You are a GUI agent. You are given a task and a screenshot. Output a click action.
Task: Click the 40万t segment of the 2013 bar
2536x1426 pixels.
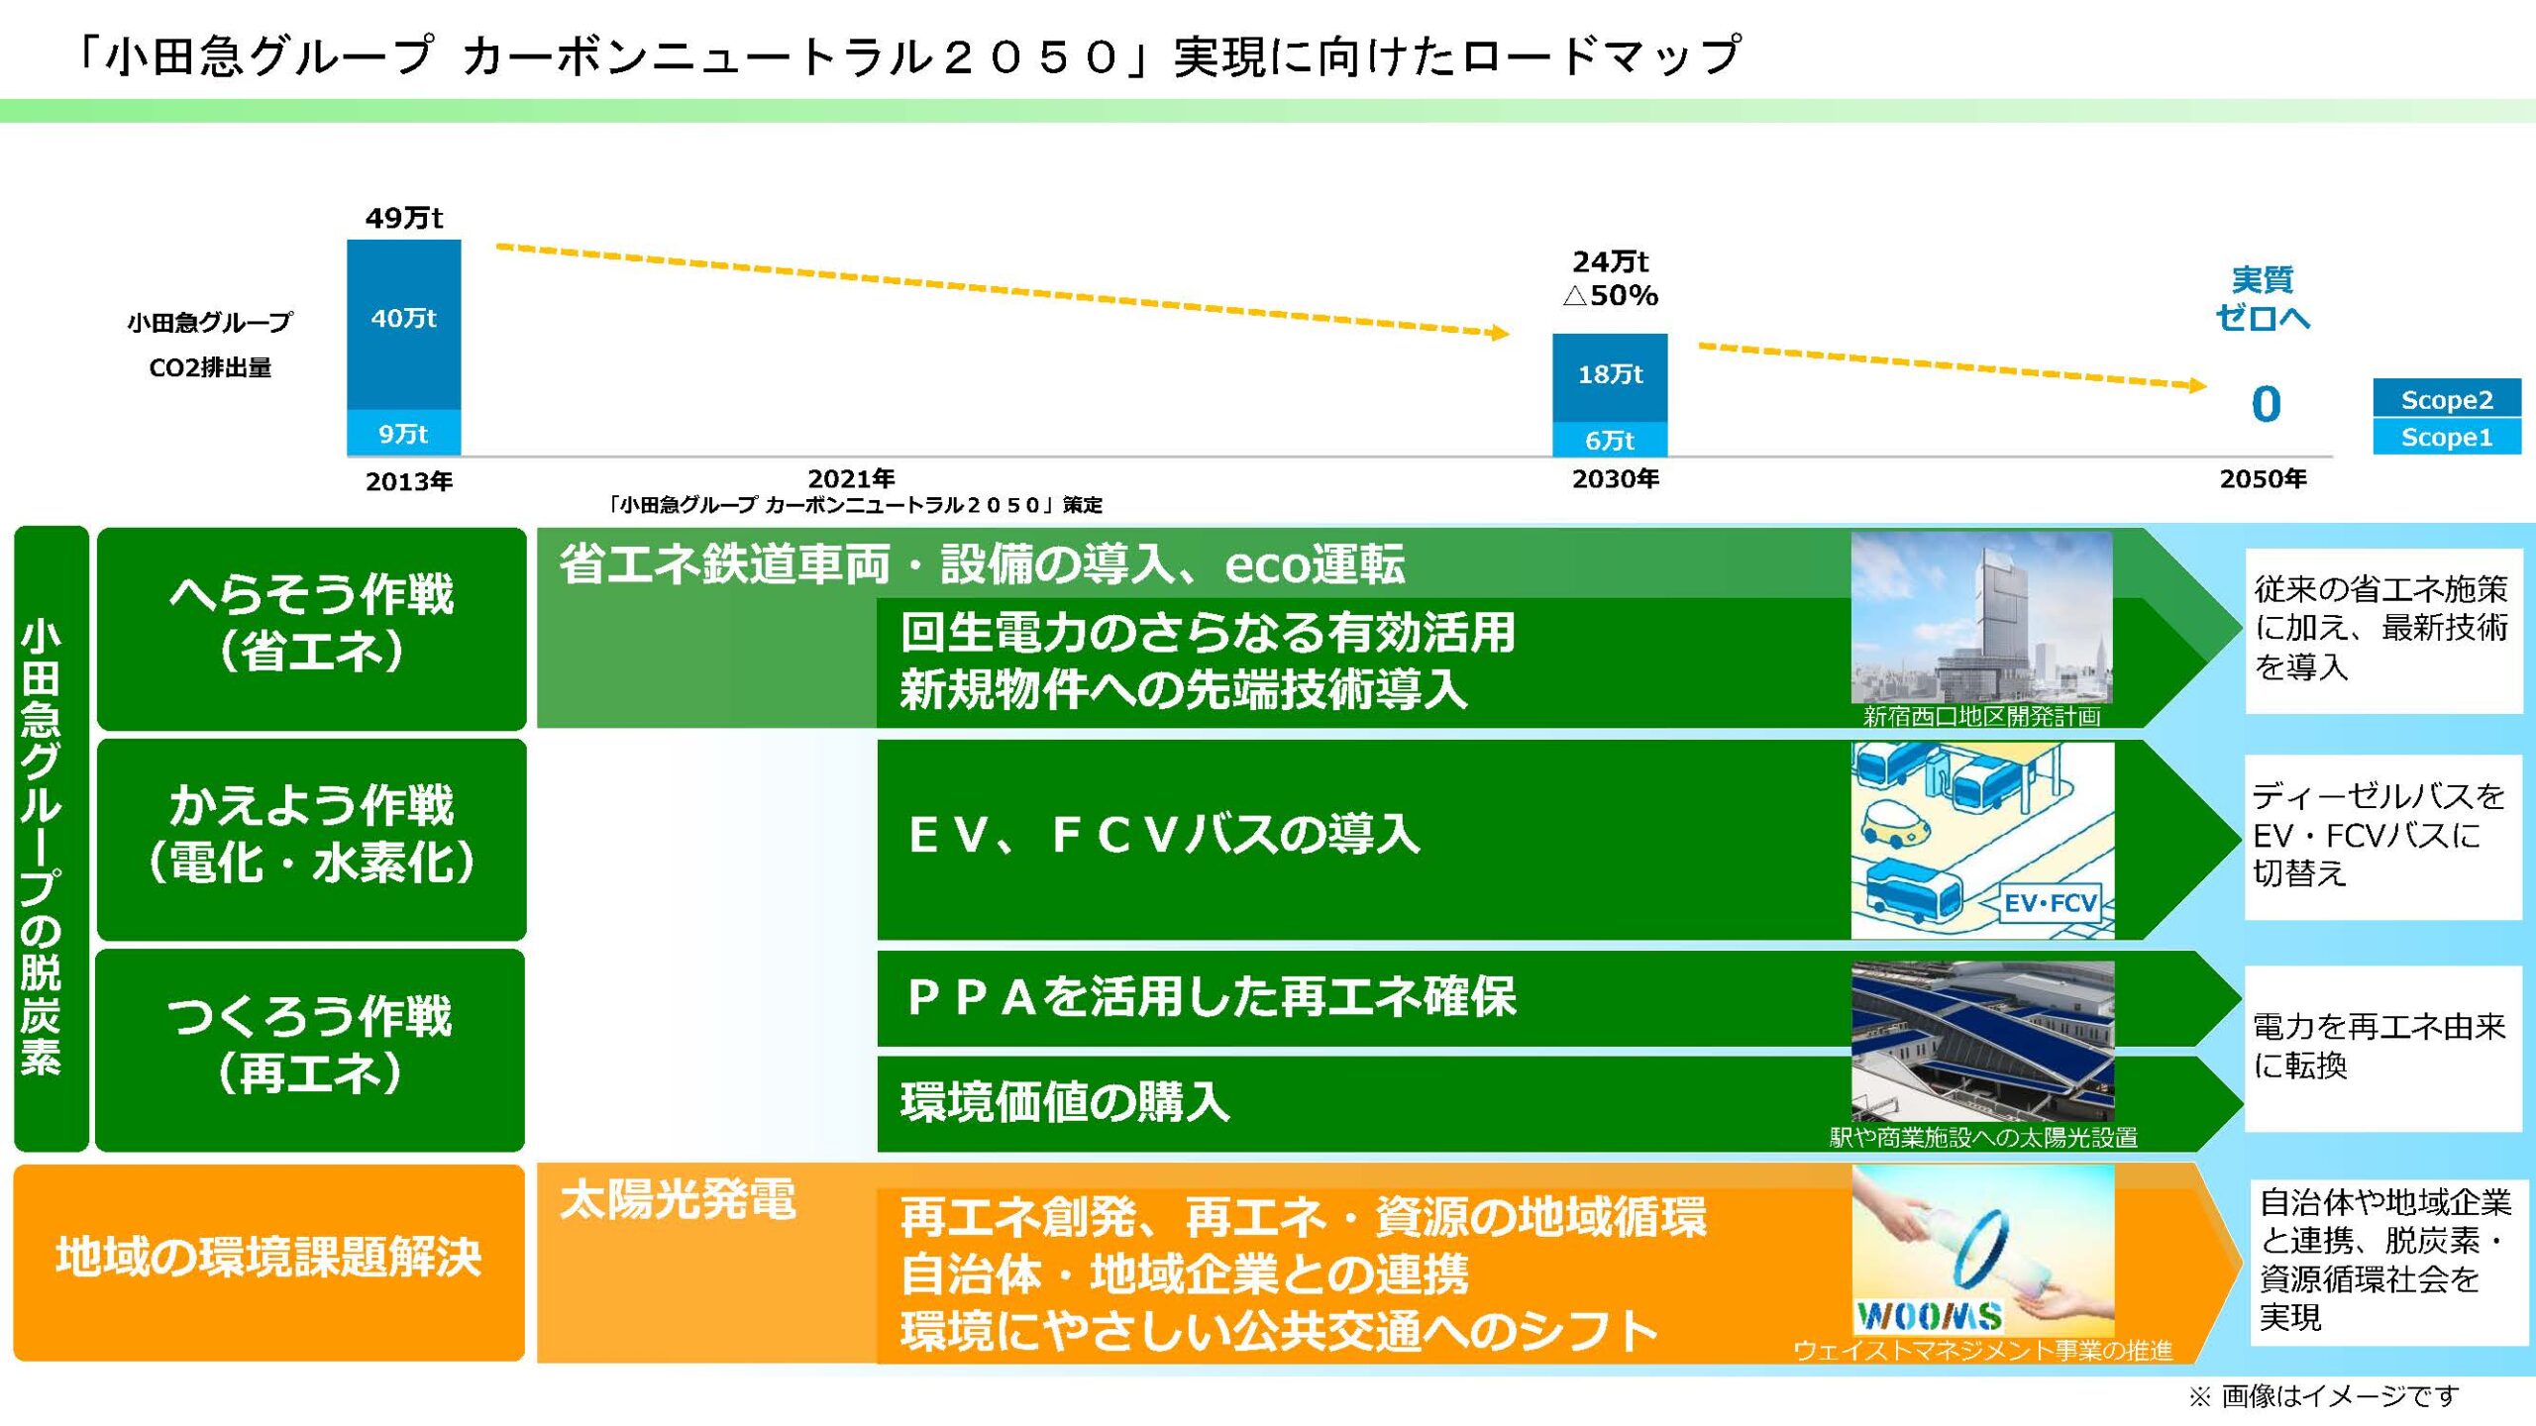click(404, 324)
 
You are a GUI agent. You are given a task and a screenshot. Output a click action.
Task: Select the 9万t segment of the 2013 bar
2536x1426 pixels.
click(404, 433)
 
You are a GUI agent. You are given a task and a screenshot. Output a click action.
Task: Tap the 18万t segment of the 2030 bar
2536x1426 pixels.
click(1610, 377)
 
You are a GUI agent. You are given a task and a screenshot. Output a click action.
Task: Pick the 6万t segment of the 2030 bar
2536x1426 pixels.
click(1610, 439)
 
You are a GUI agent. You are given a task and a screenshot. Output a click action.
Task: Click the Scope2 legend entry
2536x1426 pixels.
click(2447, 398)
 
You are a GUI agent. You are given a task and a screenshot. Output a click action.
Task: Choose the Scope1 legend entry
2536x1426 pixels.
click(2447, 437)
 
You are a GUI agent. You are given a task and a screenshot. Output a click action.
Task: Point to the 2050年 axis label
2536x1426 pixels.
click(2263, 479)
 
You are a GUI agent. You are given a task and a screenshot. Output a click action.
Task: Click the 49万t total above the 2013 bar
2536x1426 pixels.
click(404, 218)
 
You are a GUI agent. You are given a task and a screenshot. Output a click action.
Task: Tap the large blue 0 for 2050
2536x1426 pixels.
click(2266, 404)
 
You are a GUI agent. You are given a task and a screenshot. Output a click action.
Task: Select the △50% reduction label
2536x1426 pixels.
click(1610, 295)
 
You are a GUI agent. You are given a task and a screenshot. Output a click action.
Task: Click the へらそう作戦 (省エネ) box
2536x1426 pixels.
click(311, 629)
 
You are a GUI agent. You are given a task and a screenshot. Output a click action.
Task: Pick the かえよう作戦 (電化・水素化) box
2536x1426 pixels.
click(311, 840)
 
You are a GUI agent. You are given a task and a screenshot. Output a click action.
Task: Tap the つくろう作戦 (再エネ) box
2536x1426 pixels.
click(310, 1050)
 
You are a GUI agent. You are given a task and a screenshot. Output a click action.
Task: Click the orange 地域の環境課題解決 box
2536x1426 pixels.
click(268, 1262)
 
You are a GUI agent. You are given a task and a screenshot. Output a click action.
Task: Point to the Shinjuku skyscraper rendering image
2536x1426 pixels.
click(1981, 618)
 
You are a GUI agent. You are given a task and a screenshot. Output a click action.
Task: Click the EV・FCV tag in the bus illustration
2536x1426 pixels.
click(2050, 903)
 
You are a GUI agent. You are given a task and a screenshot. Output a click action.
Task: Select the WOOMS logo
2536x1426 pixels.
click(1929, 1316)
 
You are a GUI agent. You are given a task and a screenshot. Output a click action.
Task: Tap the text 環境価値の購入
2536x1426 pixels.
click(1065, 1102)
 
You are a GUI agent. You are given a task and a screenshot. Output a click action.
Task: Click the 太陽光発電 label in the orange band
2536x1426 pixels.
click(678, 1200)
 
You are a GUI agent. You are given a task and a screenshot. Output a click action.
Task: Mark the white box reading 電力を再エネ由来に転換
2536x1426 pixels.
click(2382, 1049)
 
